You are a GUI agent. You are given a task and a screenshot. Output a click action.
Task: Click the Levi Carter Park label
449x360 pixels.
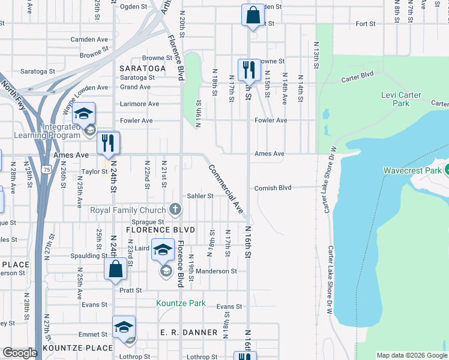[401, 99]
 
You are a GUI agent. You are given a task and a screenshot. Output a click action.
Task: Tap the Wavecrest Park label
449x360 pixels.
[412, 171]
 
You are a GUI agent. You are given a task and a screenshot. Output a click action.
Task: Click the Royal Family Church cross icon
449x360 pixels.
[175, 209]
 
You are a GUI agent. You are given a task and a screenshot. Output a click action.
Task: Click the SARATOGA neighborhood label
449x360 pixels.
[142, 68]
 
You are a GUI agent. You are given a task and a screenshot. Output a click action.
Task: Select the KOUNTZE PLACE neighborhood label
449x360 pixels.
[77, 348]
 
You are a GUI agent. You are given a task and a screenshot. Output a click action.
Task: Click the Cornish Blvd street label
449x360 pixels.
[273, 188]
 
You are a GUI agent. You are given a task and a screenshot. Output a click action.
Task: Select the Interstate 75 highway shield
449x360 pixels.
[46, 170]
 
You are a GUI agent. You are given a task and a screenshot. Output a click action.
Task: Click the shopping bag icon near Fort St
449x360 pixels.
[252, 14]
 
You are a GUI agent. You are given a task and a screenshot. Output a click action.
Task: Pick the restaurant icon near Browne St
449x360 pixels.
[248, 70]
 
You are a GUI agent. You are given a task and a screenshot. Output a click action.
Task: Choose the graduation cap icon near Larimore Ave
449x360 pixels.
[84, 113]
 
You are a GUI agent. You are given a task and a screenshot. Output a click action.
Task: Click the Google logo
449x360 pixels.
[20, 353]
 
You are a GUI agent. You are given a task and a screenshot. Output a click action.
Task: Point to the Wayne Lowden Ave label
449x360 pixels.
[82, 99]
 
